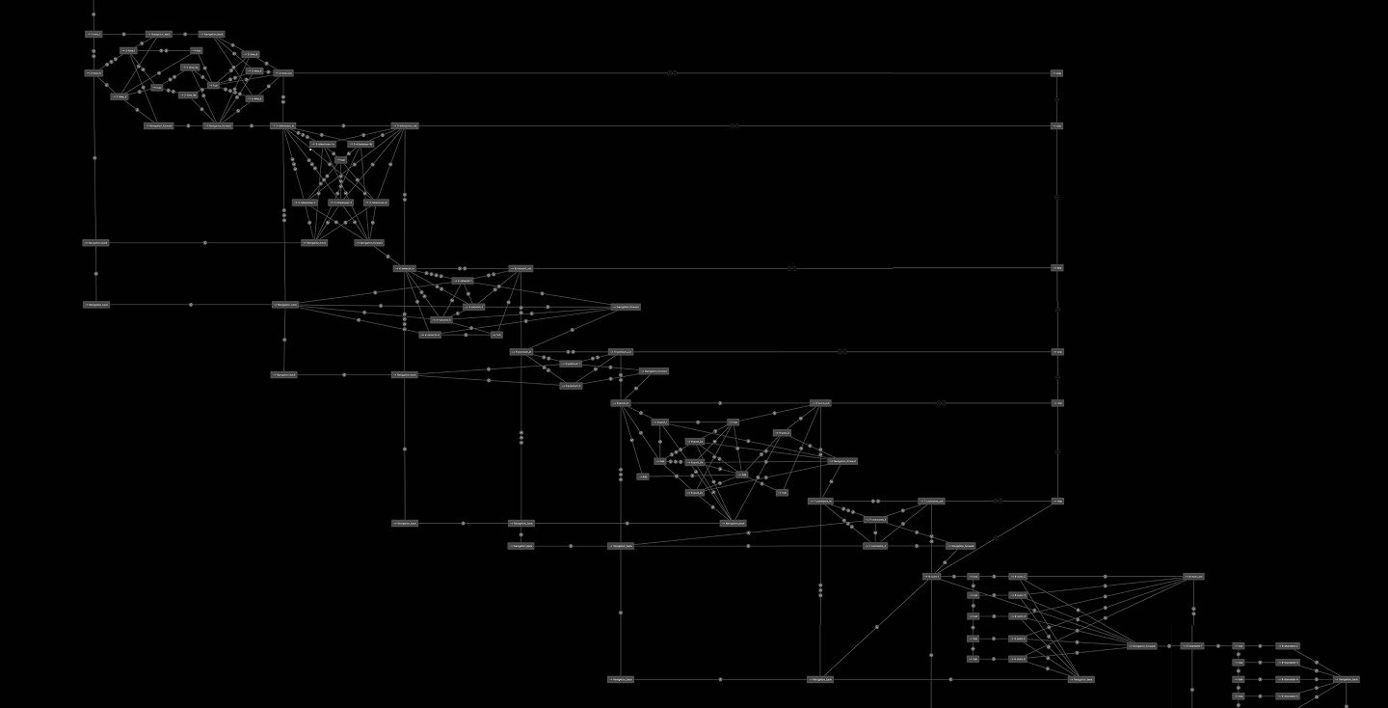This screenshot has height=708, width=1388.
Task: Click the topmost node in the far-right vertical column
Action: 1057,72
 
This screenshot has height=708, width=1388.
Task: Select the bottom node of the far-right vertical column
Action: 1057,502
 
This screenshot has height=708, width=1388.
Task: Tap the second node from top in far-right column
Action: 1057,125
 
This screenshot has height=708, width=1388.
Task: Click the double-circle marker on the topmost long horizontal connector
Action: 674,72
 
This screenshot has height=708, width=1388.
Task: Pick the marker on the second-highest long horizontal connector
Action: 734,125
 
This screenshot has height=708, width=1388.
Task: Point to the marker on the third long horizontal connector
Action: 791,268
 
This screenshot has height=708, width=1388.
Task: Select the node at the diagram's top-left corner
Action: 93,34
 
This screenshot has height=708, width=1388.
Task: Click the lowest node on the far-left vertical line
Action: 96,305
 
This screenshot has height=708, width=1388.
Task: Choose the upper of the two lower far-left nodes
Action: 95,243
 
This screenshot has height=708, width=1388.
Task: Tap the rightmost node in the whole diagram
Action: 1348,679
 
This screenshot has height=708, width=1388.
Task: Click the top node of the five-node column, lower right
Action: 974,577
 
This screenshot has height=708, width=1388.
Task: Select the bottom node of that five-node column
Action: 974,660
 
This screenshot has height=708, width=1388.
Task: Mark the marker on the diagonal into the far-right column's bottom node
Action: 997,536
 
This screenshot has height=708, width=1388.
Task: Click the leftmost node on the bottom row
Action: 622,679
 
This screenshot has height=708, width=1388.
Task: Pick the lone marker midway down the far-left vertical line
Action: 94,157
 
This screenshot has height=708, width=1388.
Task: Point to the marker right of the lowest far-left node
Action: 191,305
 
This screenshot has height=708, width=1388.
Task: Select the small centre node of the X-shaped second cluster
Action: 340,160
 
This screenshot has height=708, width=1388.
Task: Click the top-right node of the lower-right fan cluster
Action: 1193,577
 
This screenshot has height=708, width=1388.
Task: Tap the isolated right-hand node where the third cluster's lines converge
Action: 625,307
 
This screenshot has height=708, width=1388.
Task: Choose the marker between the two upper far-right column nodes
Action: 1057,98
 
